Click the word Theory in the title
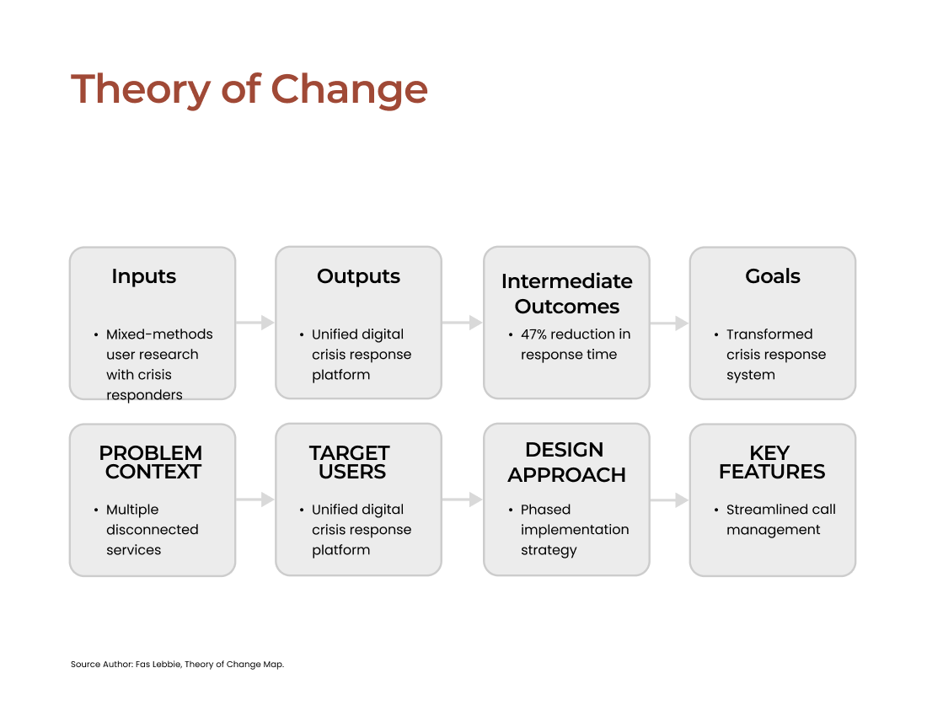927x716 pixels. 141,90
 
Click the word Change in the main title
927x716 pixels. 350,90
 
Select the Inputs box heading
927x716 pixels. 143,276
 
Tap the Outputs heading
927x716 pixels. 358,276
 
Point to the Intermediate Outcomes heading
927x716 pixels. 567,294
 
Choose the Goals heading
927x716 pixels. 773,276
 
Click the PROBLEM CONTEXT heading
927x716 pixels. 151,462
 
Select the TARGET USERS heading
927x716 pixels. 350,462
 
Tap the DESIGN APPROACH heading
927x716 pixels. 566,462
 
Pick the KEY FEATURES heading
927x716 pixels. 772,462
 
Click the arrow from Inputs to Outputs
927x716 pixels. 255,323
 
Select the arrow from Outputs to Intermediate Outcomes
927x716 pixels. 463,323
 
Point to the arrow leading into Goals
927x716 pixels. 670,323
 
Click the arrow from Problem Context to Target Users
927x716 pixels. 255,500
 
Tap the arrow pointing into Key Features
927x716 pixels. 670,500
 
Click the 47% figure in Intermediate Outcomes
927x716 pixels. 533,334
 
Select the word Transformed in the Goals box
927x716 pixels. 769,334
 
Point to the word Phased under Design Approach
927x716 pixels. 546,510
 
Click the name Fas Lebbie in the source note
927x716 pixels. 158,664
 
